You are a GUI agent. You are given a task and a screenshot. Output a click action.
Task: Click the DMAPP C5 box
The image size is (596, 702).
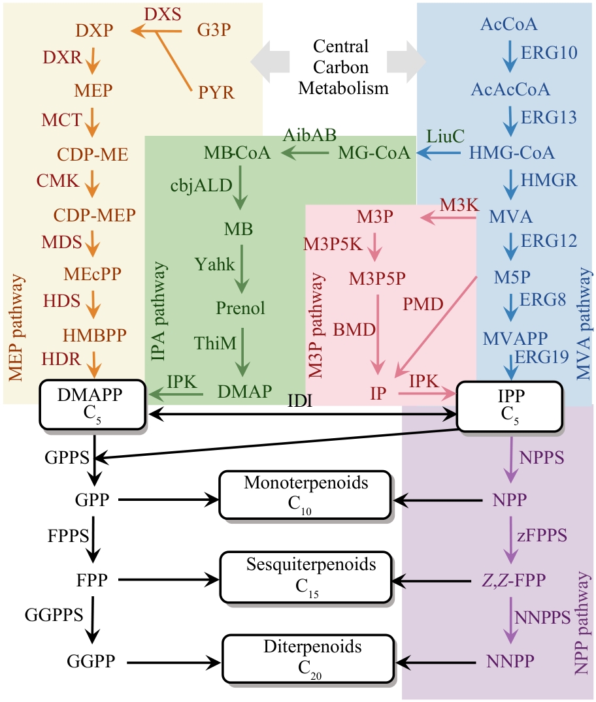(x=93, y=404)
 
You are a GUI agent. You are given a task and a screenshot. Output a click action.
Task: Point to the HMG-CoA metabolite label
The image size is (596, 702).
(x=512, y=153)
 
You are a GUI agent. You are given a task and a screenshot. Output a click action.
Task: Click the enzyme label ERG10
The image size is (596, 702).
(x=550, y=53)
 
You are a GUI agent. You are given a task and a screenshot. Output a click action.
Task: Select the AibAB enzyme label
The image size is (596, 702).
(x=310, y=135)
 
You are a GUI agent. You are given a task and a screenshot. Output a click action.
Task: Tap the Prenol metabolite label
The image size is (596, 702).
(x=240, y=308)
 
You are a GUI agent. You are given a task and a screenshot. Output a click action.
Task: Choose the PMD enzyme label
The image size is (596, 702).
(x=424, y=303)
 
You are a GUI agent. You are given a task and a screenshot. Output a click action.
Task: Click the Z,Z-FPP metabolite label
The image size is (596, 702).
(x=508, y=579)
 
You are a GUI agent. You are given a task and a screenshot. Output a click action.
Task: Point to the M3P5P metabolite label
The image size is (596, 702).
(x=376, y=278)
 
